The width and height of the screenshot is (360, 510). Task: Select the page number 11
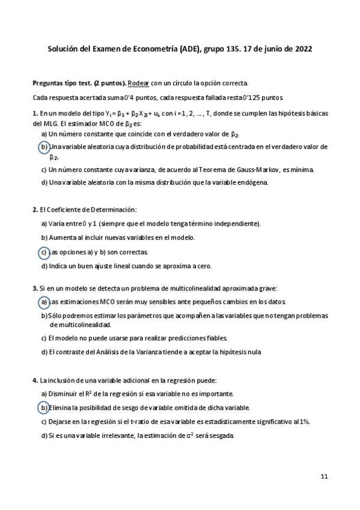(x=324, y=476)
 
